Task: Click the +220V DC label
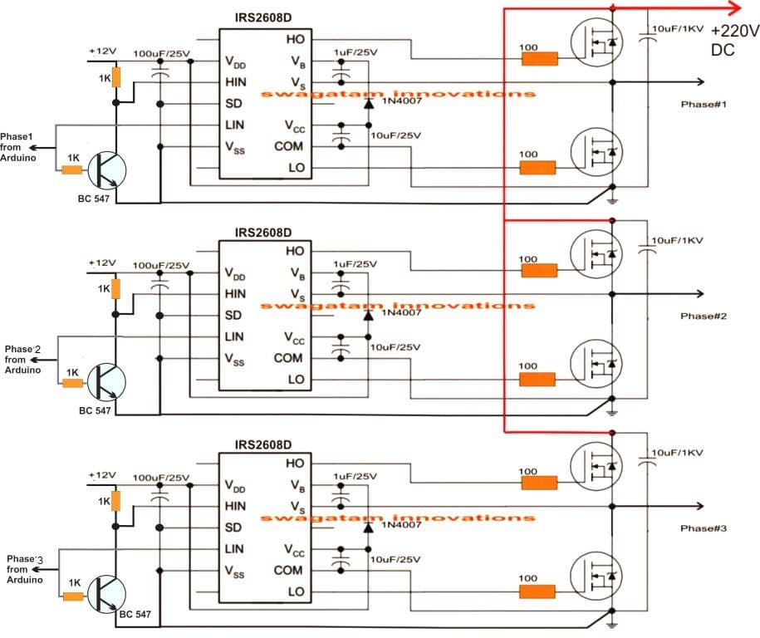pos(734,41)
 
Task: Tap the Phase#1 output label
pos(704,105)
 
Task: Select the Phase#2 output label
pos(704,317)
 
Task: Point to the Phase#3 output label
pos(704,528)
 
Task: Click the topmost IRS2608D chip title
pos(262,20)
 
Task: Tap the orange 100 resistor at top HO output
pos(537,59)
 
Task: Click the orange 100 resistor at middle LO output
pos(537,379)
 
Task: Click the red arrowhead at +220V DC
pos(733,9)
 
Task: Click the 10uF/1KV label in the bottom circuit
pos(678,453)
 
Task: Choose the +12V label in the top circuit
pos(102,52)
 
